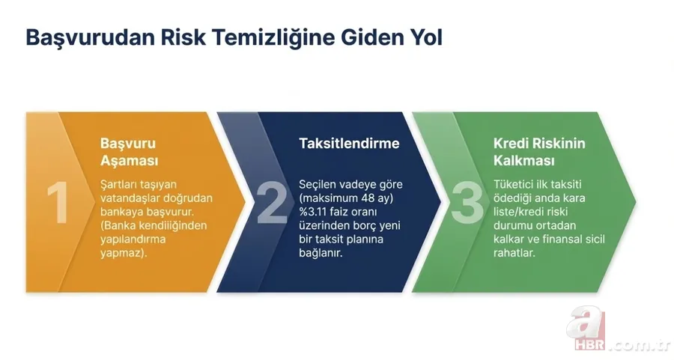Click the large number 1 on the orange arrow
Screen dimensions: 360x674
pyautogui.click(x=57, y=203)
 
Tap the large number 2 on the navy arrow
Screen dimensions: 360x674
pyautogui.click(x=272, y=202)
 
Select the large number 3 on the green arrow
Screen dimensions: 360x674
pyautogui.click(x=467, y=202)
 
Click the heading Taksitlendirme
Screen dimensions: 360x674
pyautogui.click(x=349, y=143)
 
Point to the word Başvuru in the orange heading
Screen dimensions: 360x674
pyautogui.click(x=128, y=143)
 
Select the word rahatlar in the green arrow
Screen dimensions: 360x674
pyautogui.click(x=514, y=253)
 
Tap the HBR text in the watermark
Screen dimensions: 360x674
pyautogui.click(x=590, y=346)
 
